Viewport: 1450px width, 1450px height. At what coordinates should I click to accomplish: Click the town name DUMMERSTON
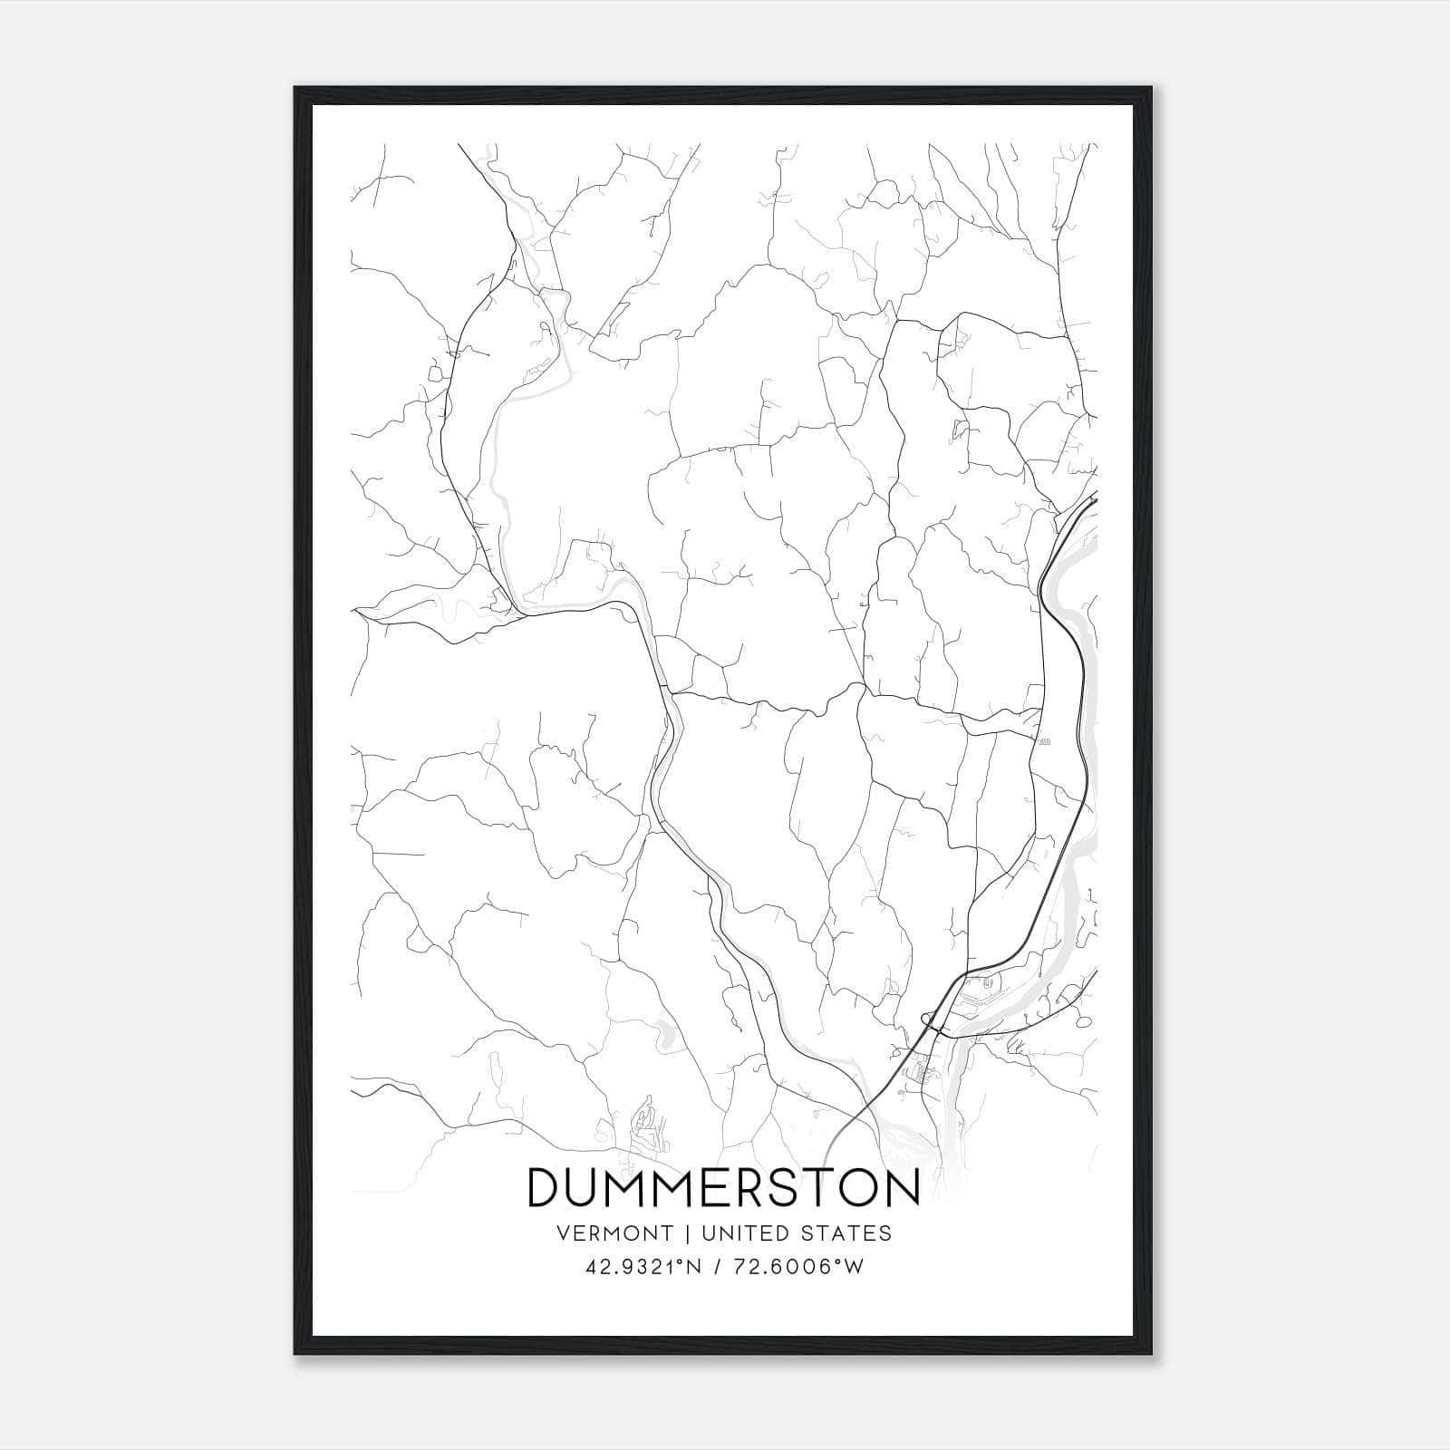click(723, 1188)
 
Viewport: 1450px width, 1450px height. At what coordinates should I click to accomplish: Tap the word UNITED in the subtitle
click(740, 1233)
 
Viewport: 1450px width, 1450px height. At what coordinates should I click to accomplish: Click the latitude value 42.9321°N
click(643, 1267)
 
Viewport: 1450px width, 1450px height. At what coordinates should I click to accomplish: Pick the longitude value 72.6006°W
click(802, 1267)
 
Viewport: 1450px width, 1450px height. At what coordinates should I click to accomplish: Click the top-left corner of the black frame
click(295, 88)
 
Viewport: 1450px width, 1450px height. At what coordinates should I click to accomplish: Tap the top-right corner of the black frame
click(1152, 88)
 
